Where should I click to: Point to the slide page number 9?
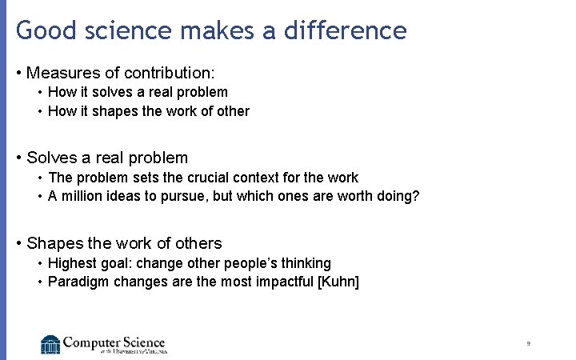pyautogui.click(x=529, y=343)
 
